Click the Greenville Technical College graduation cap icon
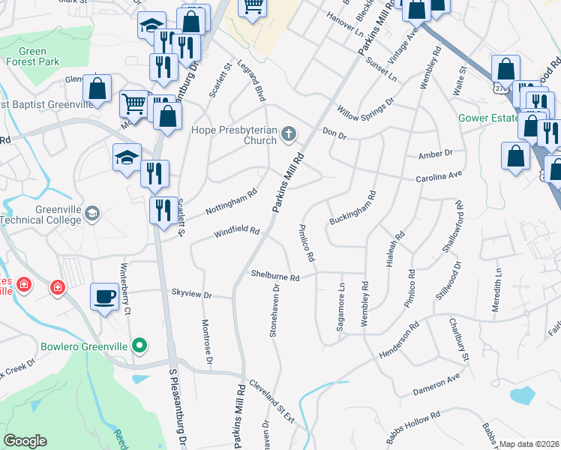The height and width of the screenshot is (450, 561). pos(92,213)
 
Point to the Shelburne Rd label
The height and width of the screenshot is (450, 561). pos(275,277)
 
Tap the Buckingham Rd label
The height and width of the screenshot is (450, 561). pos(352,209)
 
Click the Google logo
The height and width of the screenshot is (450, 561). pos(25,441)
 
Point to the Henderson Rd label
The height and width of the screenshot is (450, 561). pos(413,331)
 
